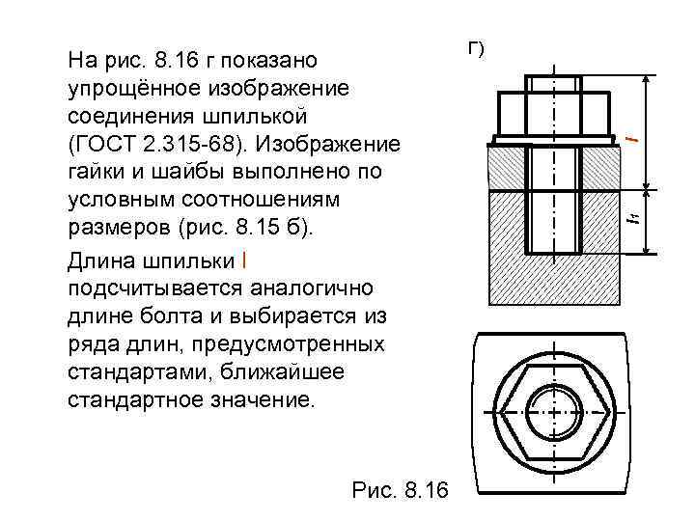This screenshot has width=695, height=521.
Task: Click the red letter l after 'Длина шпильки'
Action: (244, 260)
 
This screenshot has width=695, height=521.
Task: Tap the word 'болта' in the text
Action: (183, 315)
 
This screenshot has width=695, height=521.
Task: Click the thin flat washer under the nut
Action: (554, 140)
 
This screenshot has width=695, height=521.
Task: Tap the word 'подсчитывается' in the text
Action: (139, 288)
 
